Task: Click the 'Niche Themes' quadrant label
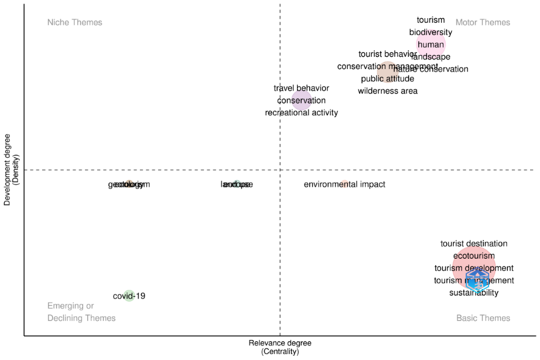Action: tap(75, 22)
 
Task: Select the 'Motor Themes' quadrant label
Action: tap(483, 22)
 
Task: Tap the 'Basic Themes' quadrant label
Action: tap(483, 318)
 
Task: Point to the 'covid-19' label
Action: tap(129, 296)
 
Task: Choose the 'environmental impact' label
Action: tap(344, 184)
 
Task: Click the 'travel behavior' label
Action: tap(301, 88)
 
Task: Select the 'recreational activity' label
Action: tap(301, 112)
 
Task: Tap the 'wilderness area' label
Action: tap(388, 91)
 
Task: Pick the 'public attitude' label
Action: tap(387, 78)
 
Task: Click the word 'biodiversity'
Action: tap(430, 32)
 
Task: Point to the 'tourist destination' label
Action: tap(474, 244)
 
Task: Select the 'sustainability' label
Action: tap(474, 293)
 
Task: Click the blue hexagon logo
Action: tap(477, 280)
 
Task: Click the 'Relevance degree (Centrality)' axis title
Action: tap(280, 347)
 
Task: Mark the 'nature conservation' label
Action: tap(432, 69)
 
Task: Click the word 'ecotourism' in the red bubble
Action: tap(474, 256)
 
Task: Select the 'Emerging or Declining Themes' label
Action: tap(81, 312)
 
